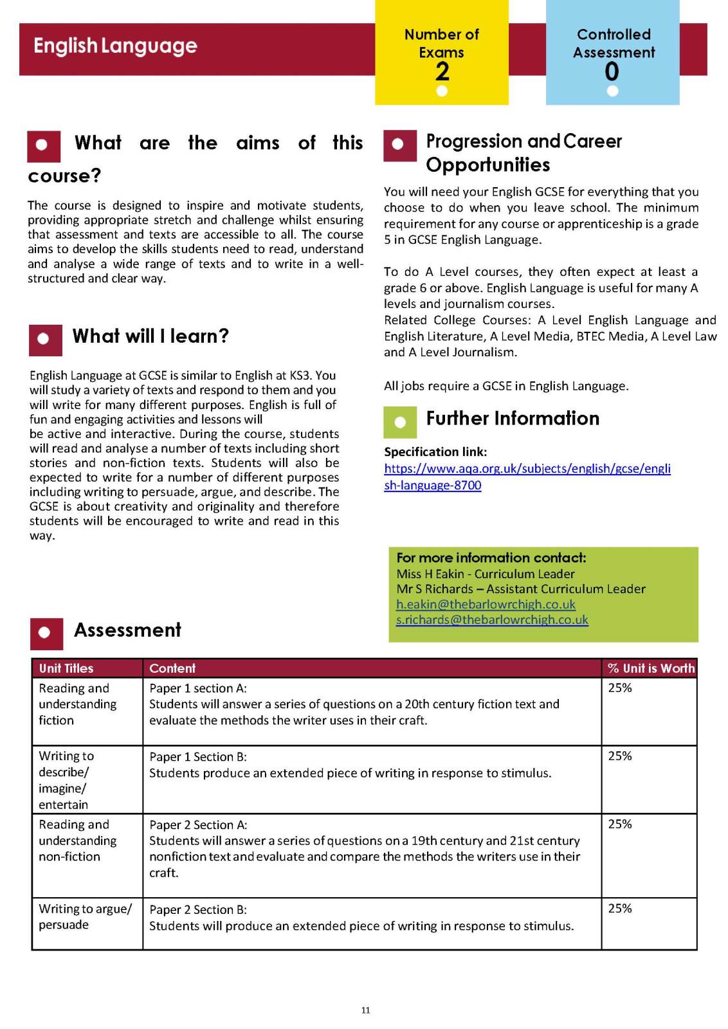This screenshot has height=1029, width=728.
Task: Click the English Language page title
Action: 116,46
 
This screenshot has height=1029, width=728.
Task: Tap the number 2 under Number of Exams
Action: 442,71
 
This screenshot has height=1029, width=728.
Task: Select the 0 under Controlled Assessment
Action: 612,71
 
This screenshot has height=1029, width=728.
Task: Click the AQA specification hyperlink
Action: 527,477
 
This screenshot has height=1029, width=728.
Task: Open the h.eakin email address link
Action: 486,605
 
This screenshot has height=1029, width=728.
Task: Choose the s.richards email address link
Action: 492,620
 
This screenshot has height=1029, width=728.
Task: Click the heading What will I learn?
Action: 150,336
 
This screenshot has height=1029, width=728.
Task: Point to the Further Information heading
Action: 513,419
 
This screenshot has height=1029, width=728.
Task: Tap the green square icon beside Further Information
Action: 400,422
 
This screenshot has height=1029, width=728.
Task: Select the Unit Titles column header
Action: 66,668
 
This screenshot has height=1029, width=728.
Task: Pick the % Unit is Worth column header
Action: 651,668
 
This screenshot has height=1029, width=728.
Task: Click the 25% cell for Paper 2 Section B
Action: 620,909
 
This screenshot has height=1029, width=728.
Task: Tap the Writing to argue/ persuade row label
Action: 85,916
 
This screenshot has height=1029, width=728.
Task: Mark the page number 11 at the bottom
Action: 365,1010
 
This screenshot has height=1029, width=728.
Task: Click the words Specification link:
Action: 435,452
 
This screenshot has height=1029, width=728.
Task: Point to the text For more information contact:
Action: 491,558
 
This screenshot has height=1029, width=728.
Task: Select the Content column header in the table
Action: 172,668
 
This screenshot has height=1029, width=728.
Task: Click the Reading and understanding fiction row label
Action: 77,704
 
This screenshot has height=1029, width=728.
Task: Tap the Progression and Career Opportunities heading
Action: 523,153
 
